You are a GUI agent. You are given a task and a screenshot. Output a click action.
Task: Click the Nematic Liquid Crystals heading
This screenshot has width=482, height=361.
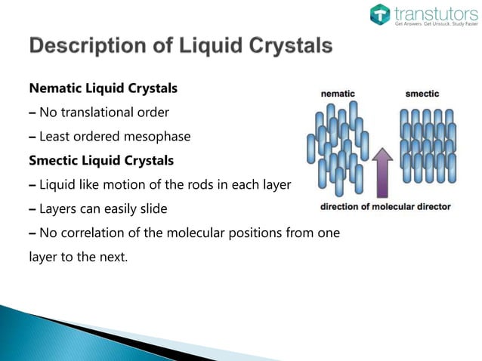(x=103, y=88)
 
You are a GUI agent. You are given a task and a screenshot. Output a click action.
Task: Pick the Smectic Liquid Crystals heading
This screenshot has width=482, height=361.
(x=100, y=160)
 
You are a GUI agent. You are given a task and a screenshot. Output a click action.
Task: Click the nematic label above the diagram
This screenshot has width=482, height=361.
(x=338, y=94)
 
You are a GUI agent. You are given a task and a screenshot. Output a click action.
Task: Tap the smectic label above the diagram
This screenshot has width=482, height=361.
(x=422, y=94)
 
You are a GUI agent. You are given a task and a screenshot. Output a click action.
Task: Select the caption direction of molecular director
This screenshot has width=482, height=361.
(x=386, y=206)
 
